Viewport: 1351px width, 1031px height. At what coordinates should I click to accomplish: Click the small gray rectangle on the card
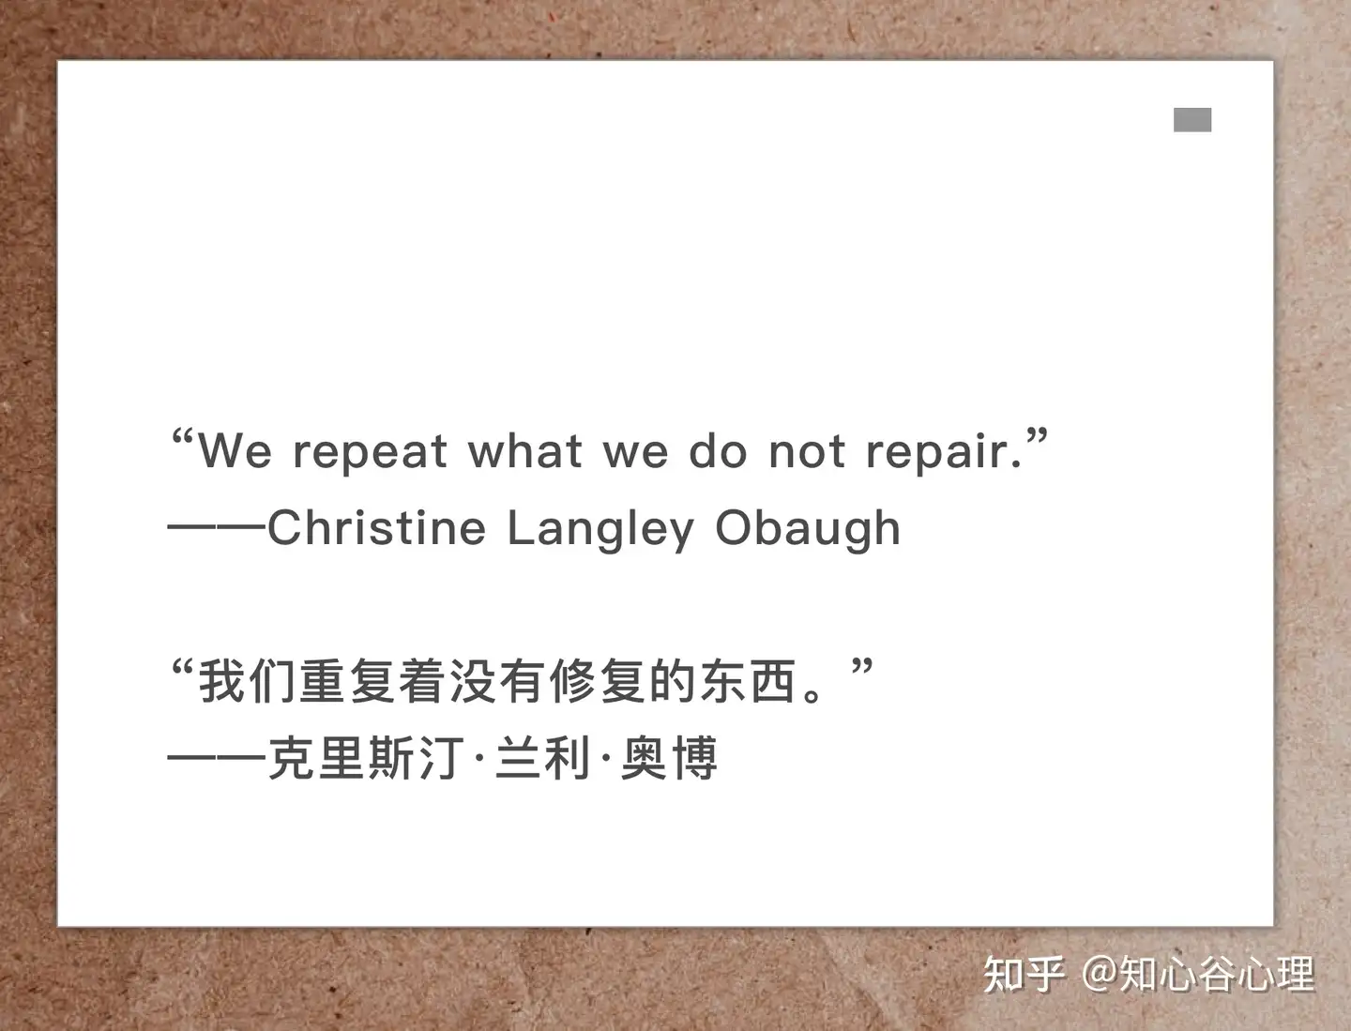tap(1192, 119)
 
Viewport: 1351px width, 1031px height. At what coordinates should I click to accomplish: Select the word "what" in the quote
tap(525, 450)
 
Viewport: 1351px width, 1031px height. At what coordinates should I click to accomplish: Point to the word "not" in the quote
tap(807, 451)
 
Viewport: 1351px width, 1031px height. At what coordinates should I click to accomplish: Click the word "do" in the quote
tap(718, 450)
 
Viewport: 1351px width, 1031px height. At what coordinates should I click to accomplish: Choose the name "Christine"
tap(376, 527)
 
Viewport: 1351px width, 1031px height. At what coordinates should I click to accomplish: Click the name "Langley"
tap(600, 530)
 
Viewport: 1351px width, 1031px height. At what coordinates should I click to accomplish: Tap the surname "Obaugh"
tap(808, 530)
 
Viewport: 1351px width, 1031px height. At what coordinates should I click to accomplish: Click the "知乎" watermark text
tap(1024, 975)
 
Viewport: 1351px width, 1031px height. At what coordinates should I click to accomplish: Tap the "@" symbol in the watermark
tap(1100, 975)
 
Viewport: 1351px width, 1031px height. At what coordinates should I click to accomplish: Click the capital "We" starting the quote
tap(235, 451)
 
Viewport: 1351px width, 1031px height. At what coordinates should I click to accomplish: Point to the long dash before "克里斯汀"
tap(217, 759)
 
